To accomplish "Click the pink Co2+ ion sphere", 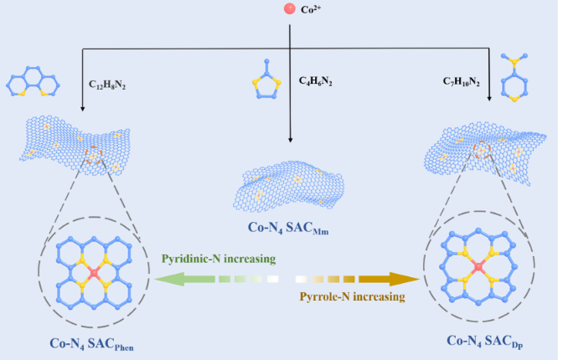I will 288,11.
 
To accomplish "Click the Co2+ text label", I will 311,12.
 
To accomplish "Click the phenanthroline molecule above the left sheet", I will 32,84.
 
